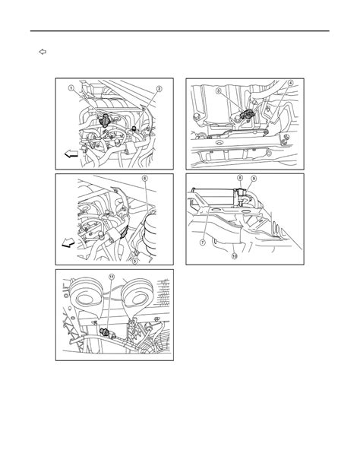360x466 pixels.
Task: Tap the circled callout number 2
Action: (x=159, y=89)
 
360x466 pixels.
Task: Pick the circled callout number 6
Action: (x=144, y=179)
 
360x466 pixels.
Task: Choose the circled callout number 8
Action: (x=240, y=178)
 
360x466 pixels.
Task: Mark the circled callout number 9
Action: (x=254, y=179)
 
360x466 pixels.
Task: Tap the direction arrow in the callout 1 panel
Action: (x=70, y=154)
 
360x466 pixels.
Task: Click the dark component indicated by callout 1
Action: (x=105, y=119)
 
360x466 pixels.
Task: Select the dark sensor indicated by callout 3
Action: (x=247, y=114)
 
